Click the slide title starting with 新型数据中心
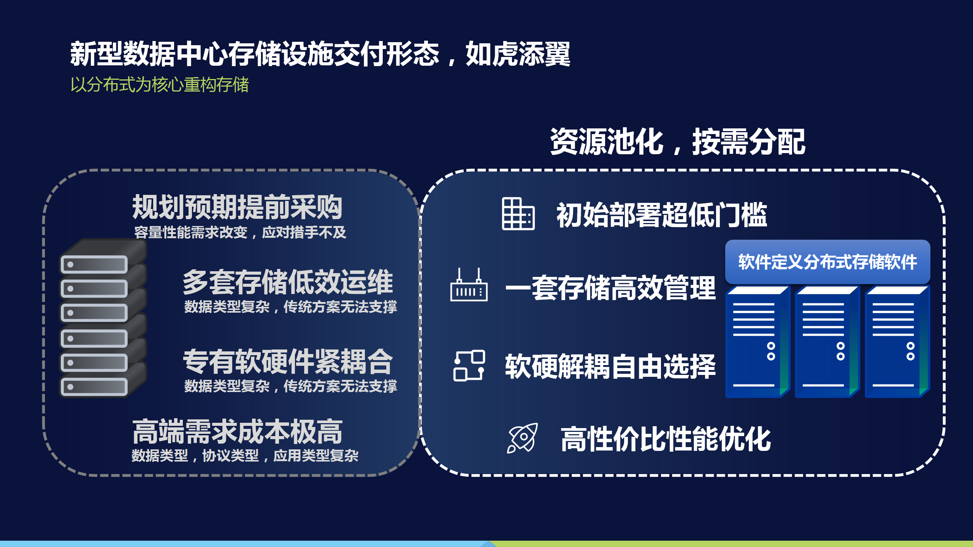320,54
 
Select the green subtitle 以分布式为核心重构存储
160,84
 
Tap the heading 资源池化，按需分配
678,142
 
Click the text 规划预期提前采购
237,207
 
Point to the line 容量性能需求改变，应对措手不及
240,232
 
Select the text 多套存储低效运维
288,282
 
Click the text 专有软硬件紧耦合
288,362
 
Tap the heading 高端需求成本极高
237,432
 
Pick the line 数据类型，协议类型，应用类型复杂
245,455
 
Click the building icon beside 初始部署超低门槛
518,214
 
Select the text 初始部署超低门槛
662,215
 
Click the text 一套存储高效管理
610,288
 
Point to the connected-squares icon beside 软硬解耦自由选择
469,365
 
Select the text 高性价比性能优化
666,439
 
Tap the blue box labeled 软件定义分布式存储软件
827,262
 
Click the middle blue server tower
827,342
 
